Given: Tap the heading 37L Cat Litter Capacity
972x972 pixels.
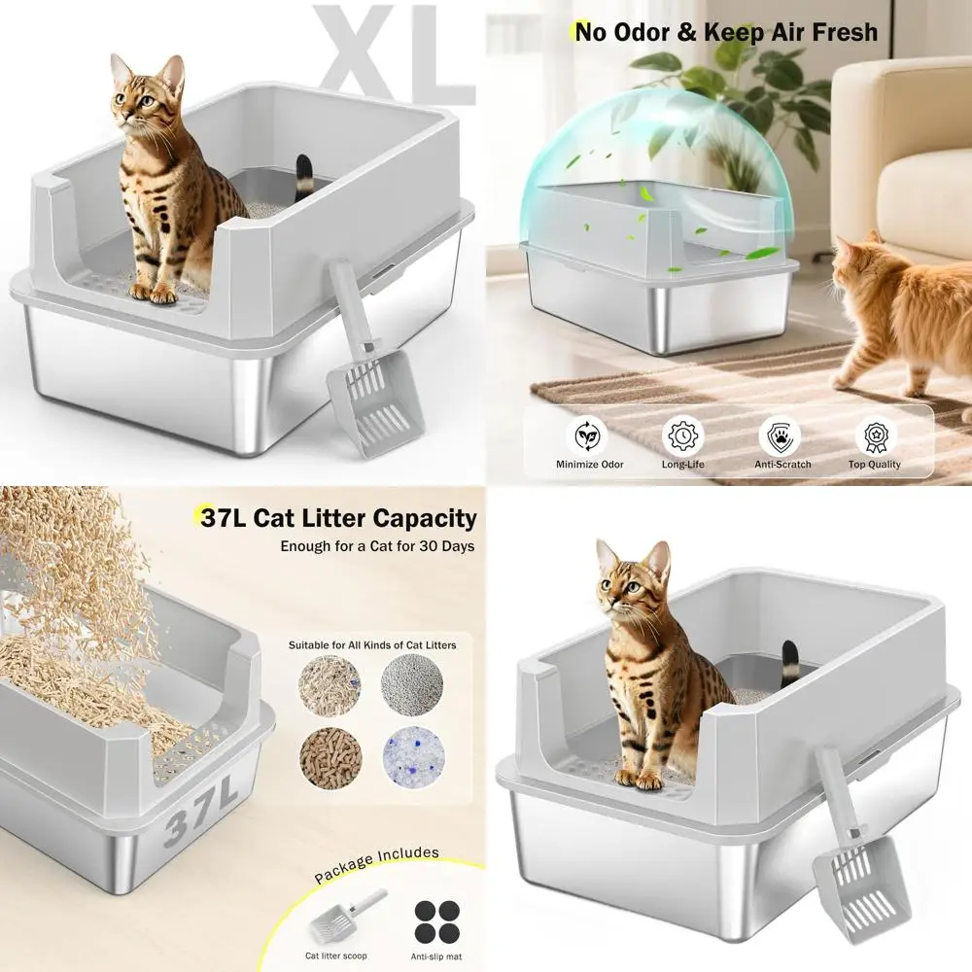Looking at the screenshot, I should coord(338,518).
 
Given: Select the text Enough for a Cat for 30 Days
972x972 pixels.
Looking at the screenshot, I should coord(377,546).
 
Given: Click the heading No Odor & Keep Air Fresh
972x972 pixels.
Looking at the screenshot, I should coord(725,32).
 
